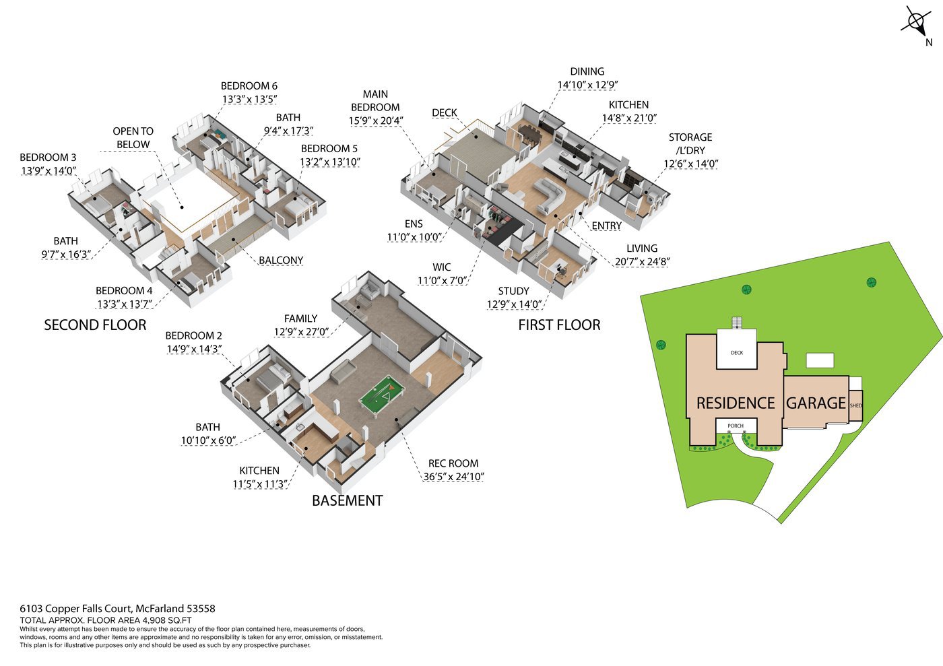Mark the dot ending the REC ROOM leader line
point(396,420)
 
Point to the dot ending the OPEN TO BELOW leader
point(182,207)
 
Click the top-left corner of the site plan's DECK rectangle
point(717,329)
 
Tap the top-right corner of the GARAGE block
point(849,376)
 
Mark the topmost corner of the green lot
point(889,242)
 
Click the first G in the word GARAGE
point(791,403)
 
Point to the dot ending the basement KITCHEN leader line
point(306,448)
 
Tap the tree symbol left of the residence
point(661,345)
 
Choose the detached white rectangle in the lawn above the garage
point(820,360)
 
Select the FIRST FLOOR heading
point(559,325)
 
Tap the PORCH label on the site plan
point(736,426)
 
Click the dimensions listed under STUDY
point(513,304)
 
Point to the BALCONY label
point(281,261)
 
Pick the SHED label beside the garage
point(856,405)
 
